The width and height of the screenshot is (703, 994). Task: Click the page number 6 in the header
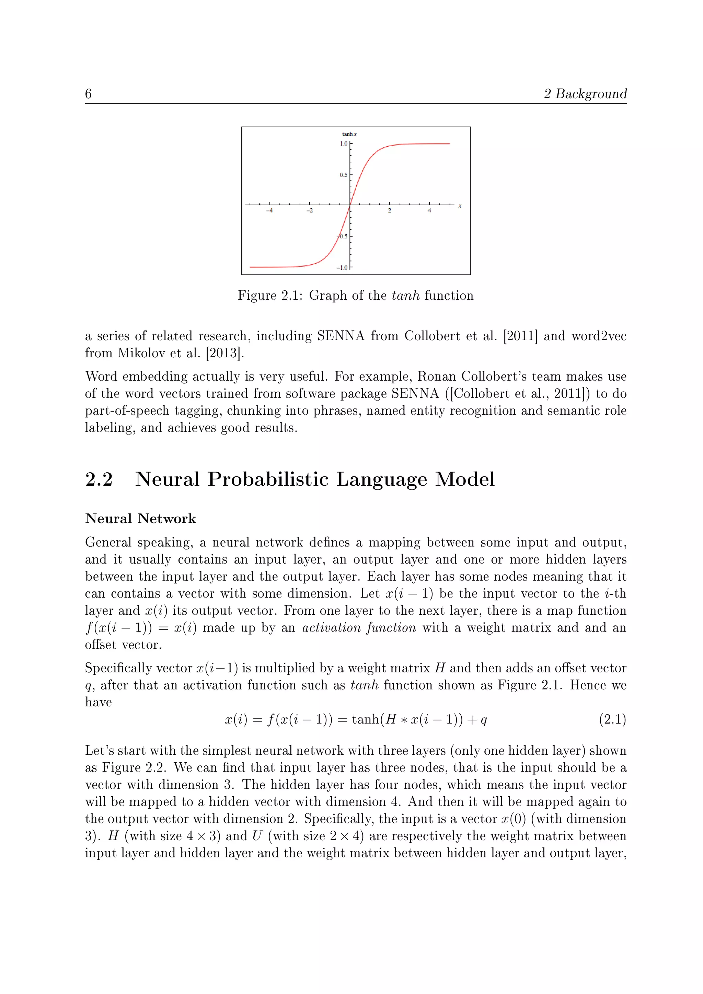point(88,94)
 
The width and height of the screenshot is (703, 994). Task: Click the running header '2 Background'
point(585,94)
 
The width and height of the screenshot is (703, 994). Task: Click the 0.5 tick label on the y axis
point(343,175)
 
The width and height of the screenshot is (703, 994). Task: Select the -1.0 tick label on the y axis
point(342,267)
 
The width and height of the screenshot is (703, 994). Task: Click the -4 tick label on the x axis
point(269,211)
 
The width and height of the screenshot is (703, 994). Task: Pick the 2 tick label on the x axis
point(389,211)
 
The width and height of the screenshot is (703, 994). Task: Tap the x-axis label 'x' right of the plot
point(460,206)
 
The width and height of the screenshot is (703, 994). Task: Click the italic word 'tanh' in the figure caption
point(406,296)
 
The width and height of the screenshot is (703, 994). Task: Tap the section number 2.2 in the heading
point(99,479)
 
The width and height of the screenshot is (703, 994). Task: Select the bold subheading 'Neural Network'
point(140,519)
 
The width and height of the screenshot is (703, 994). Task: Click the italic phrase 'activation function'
point(359,628)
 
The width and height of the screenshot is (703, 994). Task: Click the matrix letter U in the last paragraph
point(257,836)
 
